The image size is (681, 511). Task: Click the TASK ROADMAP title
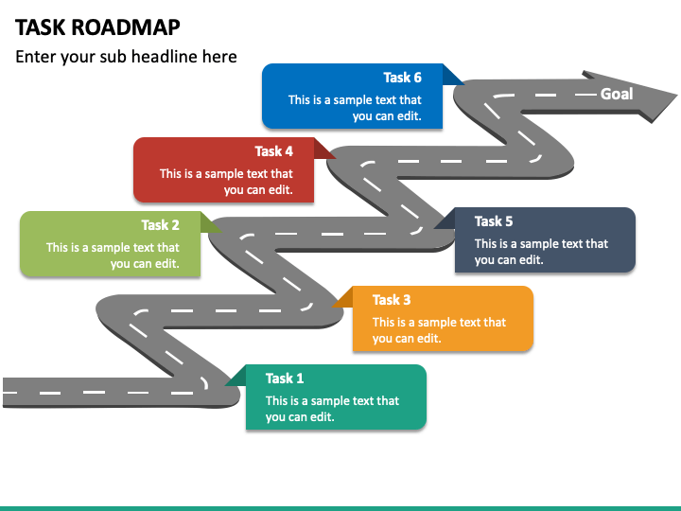tap(97, 27)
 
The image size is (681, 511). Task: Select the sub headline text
tap(126, 57)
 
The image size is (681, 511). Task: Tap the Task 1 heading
tap(285, 379)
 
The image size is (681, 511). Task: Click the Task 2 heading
tap(160, 225)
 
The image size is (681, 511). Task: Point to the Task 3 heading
tap(392, 300)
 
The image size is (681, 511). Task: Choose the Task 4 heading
tap(273, 151)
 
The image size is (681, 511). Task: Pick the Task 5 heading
tap(494, 221)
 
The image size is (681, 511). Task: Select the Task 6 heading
tap(402, 78)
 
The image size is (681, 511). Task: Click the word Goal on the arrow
tap(617, 94)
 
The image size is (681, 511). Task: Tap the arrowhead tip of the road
tap(675, 95)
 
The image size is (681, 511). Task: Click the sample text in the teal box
tap(332, 409)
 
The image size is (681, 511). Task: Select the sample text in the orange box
tap(439, 330)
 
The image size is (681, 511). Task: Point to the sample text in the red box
tap(226, 182)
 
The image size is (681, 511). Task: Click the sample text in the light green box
tap(113, 255)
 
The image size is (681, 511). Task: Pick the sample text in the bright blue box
tap(355, 108)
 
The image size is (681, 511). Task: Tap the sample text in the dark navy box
tap(541, 252)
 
